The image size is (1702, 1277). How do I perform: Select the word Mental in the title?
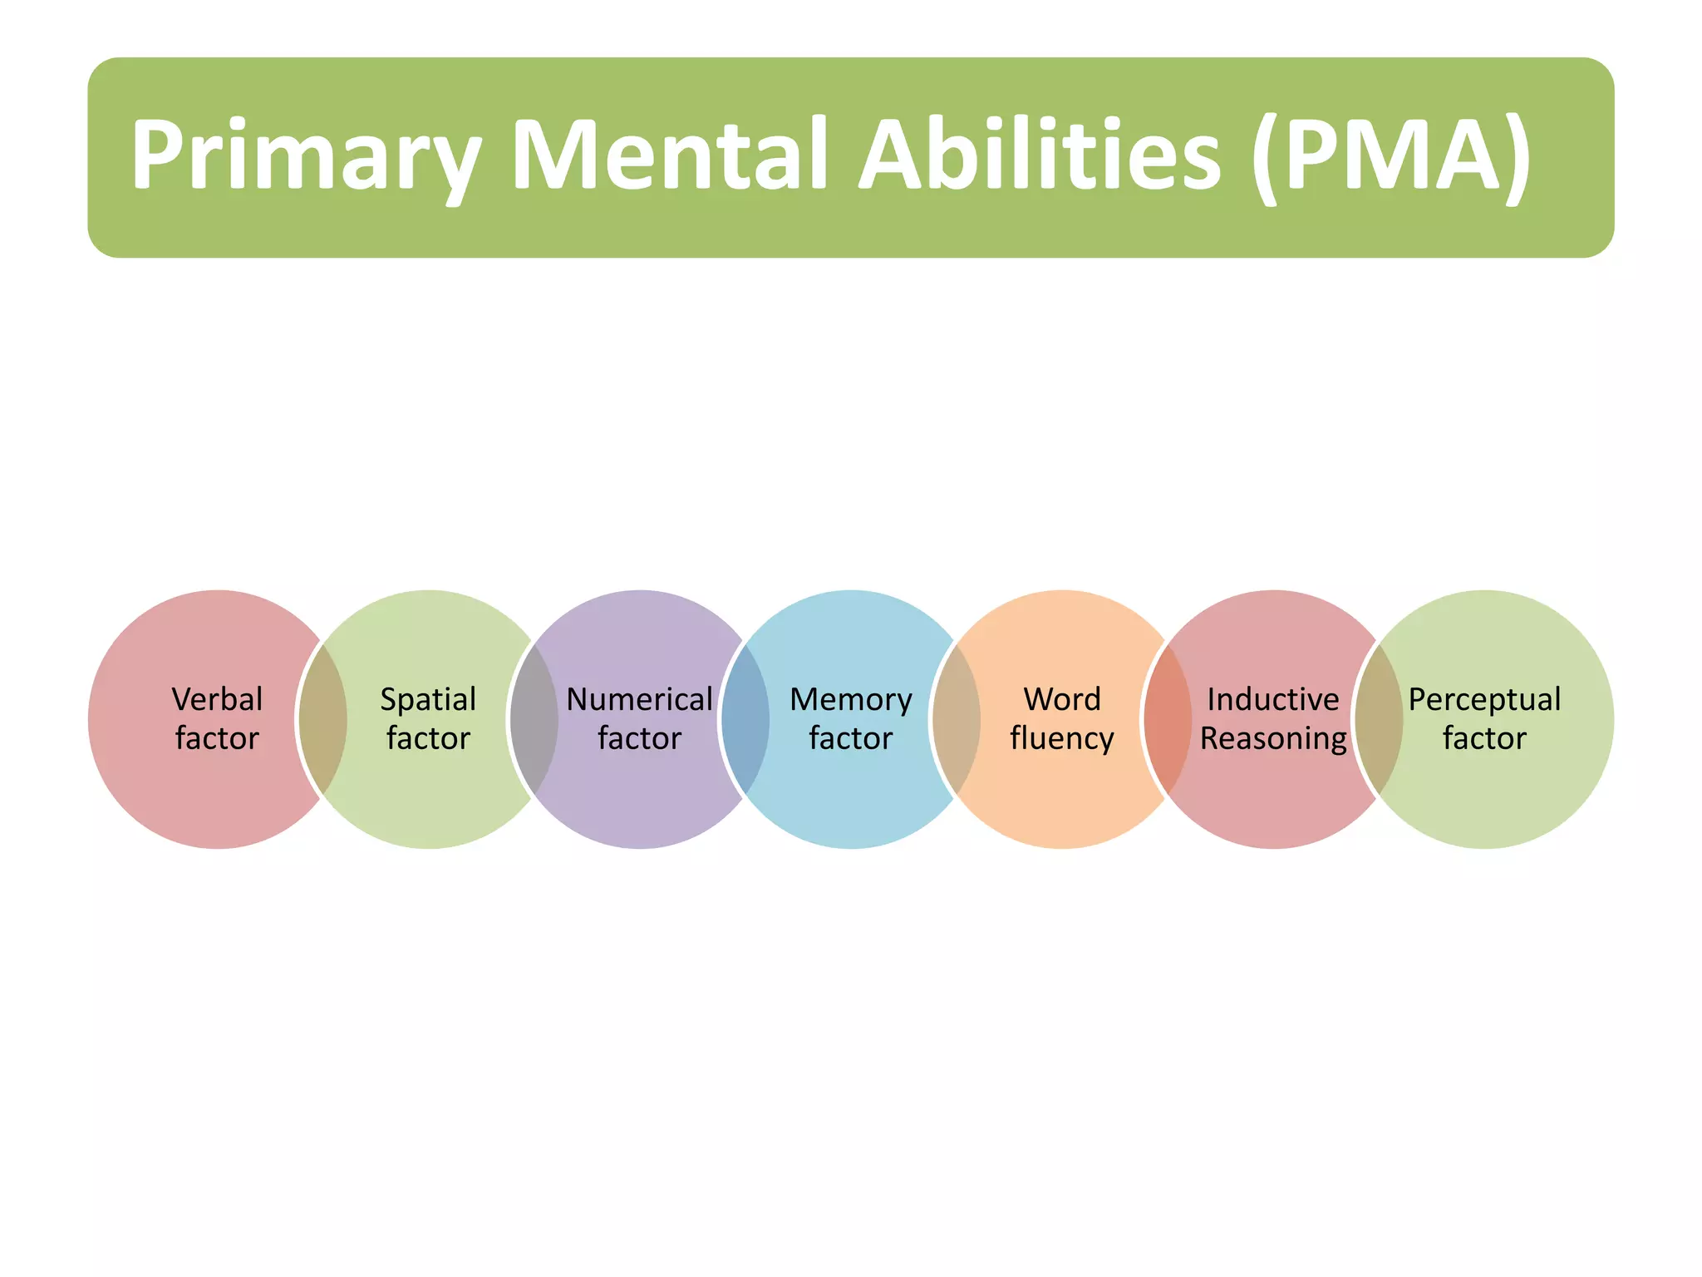pos(670,155)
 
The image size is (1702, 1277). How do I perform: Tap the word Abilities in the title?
pos(1039,155)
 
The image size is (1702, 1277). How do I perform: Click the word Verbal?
pos(217,699)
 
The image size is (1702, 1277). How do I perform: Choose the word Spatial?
pos(428,699)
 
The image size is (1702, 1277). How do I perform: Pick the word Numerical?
pos(639,699)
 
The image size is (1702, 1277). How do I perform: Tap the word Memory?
pos(850,700)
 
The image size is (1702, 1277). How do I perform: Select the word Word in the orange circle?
pos(1062,699)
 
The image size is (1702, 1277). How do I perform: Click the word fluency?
pos(1062,738)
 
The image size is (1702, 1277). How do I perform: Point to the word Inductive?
pos(1272,699)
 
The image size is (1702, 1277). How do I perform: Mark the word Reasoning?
pos(1273,738)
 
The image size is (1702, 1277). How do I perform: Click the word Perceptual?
pos(1484,700)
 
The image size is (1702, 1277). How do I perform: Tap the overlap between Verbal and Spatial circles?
pos(323,719)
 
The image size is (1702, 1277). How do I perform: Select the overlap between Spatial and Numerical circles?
pos(534,719)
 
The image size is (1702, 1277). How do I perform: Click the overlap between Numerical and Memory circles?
pos(745,719)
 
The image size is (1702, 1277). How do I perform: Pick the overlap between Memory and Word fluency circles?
pos(957,719)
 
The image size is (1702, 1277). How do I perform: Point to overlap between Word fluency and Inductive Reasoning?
pos(1168,719)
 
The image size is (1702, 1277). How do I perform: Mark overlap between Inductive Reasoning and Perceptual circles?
pos(1379,719)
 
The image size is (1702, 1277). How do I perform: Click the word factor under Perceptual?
pos(1484,738)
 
